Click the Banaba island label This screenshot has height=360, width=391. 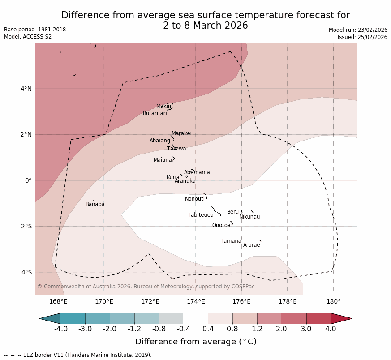coord(95,204)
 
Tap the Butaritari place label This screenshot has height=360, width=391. coord(155,113)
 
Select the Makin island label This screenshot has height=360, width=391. coord(163,106)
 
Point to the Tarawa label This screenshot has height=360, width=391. coord(176,149)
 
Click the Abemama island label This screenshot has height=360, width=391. coord(197,172)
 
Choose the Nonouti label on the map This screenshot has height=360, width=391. coord(195,199)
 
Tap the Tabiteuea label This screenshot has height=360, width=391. coord(200,215)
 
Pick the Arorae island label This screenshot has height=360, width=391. coord(251,245)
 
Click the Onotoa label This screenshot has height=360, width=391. coord(221,225)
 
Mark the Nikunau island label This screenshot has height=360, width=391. coord(249,217)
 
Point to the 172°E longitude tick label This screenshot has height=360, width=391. coord(150,302)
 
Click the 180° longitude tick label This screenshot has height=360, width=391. coord(333,302)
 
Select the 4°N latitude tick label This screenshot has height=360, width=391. coord(26,89)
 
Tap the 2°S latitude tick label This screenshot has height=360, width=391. coord(26,226)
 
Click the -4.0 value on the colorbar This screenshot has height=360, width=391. coord(61,329)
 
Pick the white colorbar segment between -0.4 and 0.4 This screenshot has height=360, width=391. coord(196,318)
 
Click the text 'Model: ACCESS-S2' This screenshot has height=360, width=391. coord(28,37)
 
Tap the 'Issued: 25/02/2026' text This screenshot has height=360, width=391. coord(362,37)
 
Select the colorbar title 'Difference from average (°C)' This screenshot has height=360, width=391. coord(196,342)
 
